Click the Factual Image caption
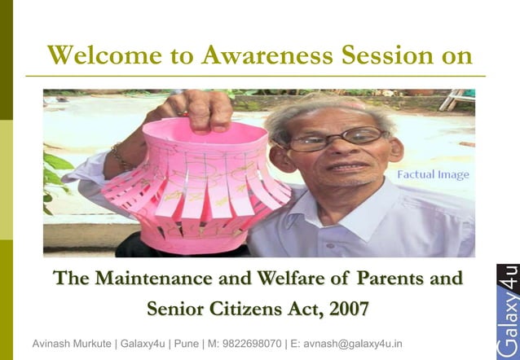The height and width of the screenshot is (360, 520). point(433,174)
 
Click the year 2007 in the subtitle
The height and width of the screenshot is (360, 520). point(346,309)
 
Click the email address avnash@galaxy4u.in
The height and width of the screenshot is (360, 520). point(352,344)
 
